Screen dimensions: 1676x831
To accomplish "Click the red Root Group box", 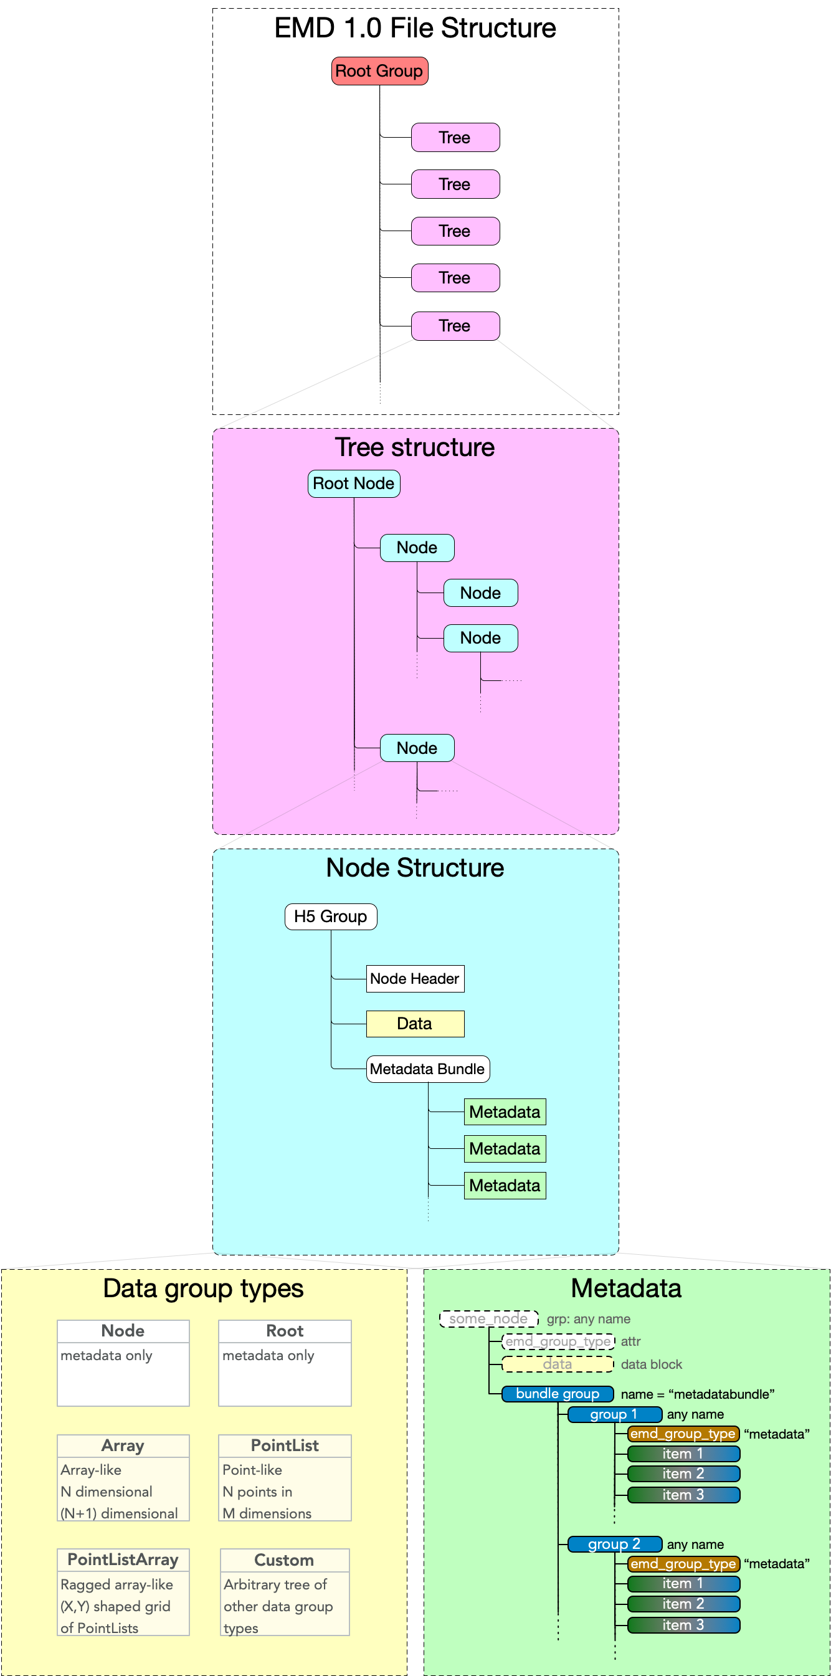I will [x=379, y=71].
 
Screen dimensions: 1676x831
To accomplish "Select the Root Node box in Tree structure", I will [x=353, y=483].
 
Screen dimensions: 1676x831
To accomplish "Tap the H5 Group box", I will [x=331, y=916].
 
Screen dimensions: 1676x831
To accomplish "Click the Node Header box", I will [x=414, y=979].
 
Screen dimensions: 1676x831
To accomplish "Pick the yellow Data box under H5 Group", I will [x=414, y=1024].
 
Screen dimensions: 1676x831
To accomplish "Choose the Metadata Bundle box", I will [x=427, y=1069].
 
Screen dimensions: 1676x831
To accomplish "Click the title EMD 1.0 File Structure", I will [x=415, y=28].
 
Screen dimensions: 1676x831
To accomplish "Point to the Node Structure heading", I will [x=415, y=867].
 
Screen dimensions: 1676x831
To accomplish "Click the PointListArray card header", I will [x=123, y=1559].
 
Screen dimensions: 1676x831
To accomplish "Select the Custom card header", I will [x=285, y=1560].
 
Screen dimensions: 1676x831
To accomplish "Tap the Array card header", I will [x=123, y=1445].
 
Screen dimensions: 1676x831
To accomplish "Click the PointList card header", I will [x=285, y=1445].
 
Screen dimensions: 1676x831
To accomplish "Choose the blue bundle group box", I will [x=557, y=1394].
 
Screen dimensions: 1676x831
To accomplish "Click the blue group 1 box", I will [x=614, y=1414].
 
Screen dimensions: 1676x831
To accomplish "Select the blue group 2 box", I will [x=614, y=1545].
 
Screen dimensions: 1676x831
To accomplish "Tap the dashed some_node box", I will [x=489, y=1319].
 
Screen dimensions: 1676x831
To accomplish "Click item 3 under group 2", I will [x=683, y=1626].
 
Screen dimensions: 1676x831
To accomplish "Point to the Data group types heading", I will [x=203, y=1288].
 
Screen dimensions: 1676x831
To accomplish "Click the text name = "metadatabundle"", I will [x=698, y=1394].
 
